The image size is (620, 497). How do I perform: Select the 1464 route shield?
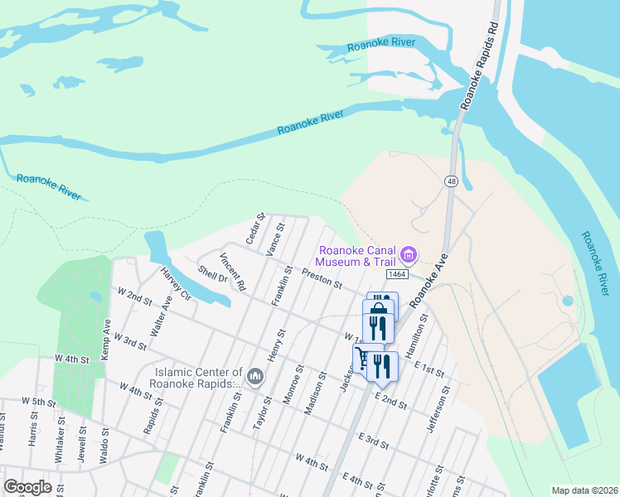tap(395, 273)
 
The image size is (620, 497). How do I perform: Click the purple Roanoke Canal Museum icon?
tap(409, 253)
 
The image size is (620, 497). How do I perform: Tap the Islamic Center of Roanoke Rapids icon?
tap(255, 378)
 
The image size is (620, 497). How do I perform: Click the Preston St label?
tap(322, 278)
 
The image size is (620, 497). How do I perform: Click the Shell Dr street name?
tap(213, 273)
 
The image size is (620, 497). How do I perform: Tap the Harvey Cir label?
tap(177, 285)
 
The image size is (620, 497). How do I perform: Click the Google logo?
tap(27, 487)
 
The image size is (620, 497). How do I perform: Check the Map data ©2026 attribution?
tap(584, 490)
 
